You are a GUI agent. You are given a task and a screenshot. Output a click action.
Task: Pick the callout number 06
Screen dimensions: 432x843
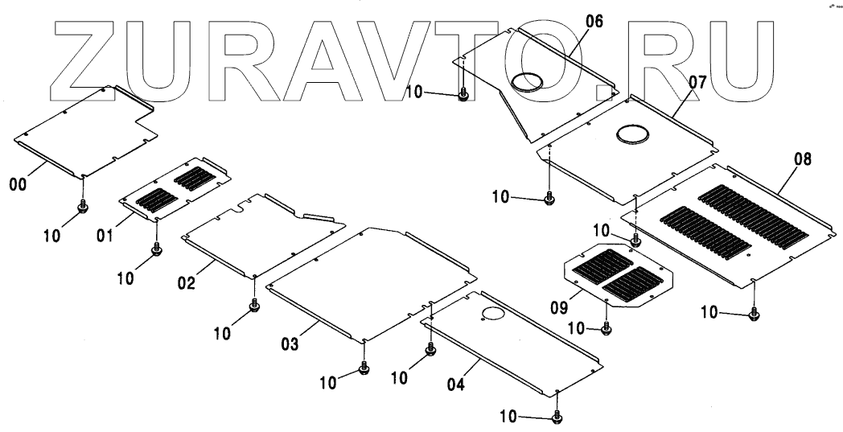click(x=594, y=22)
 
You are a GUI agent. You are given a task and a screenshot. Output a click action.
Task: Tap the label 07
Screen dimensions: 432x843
click(x=697, y=81)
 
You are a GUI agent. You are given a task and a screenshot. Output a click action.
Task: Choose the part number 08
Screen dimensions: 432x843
click(x=802, y=162)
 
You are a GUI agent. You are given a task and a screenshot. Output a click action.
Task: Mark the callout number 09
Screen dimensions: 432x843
click(x=561, y=306)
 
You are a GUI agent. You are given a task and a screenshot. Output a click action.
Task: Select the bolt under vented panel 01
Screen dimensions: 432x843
click(x=156, y=253)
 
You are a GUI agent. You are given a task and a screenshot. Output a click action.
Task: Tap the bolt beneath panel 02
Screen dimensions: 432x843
click(x=254, y=307)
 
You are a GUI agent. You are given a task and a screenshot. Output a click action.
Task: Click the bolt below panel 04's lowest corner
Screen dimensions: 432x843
click(x=557, y=418)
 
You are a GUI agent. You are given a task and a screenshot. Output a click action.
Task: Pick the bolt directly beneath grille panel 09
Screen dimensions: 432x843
click(x=607, y=327)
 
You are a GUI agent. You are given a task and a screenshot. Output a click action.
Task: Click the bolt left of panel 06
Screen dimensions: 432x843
click(x=463, y=96)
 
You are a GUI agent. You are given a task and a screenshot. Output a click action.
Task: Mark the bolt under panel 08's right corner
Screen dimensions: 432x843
click(x=754, y=313)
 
